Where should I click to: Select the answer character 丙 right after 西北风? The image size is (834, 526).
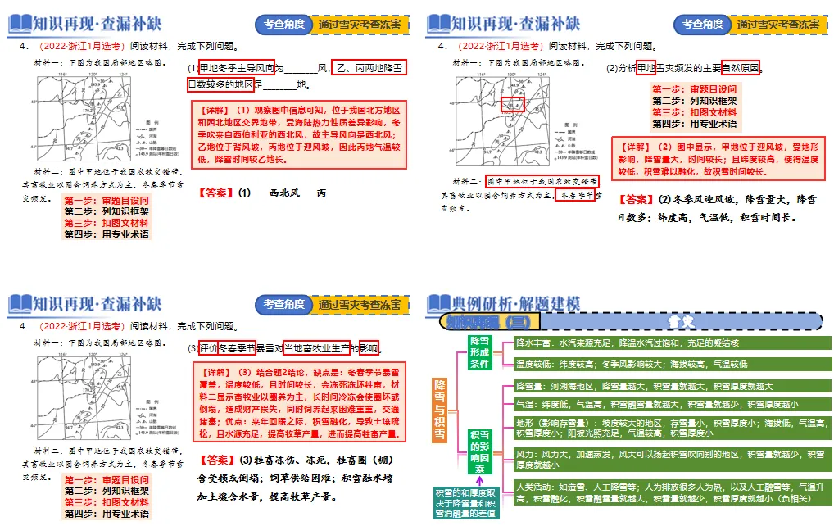[x=321, y=193]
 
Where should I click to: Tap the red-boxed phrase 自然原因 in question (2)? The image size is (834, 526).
[x=741, y=68]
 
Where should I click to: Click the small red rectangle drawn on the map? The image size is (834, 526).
[x=512, y=105]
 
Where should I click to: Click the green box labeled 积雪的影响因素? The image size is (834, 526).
[x=480, y=451]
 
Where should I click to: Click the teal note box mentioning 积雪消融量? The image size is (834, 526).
[x=466, y=501]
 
